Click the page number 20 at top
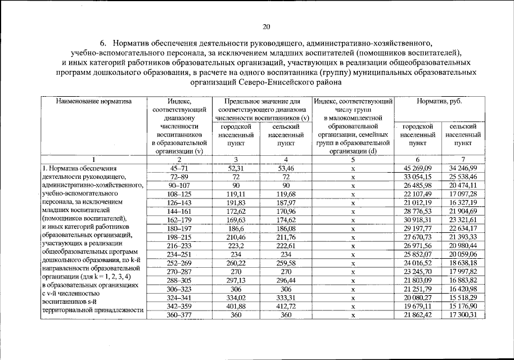(267, 26)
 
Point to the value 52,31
(236, 168)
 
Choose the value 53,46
(286, 168)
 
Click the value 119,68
(286, 193)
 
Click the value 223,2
(236, 245)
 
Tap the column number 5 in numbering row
(353, 160)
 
